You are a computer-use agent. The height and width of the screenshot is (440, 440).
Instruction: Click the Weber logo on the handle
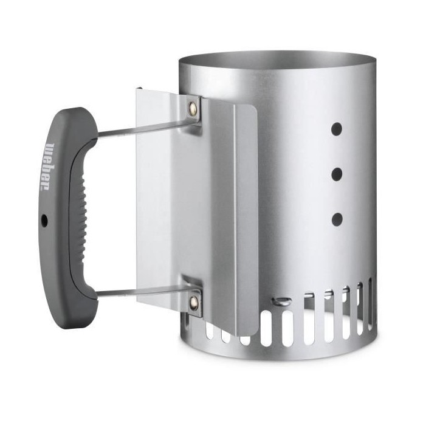click(x=48, y=167)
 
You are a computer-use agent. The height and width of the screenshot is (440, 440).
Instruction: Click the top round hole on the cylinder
click(x=337, y=129)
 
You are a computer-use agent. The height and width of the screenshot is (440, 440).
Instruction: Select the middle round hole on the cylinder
click(x=337, y=174)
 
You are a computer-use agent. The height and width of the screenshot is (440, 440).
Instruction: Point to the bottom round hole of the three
click(x=337, y=219)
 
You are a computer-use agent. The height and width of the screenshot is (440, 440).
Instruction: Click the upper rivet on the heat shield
click(x=193, y=106)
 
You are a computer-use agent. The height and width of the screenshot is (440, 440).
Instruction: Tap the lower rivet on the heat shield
click(x=193, y=301)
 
